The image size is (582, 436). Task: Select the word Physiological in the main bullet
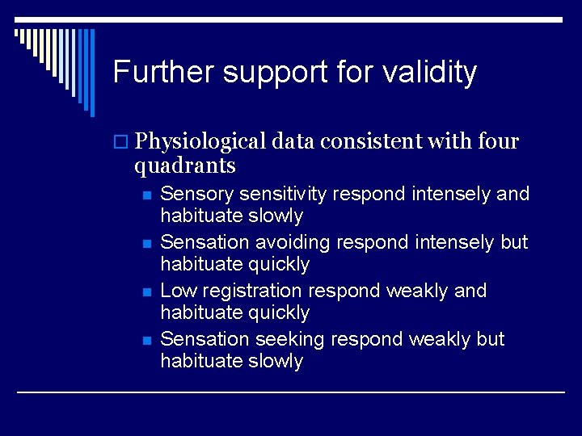point(201,142)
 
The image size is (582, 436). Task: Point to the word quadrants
point(185,166)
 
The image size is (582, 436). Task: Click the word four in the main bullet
point(499,141)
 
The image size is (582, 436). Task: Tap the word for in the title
point(344,73)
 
